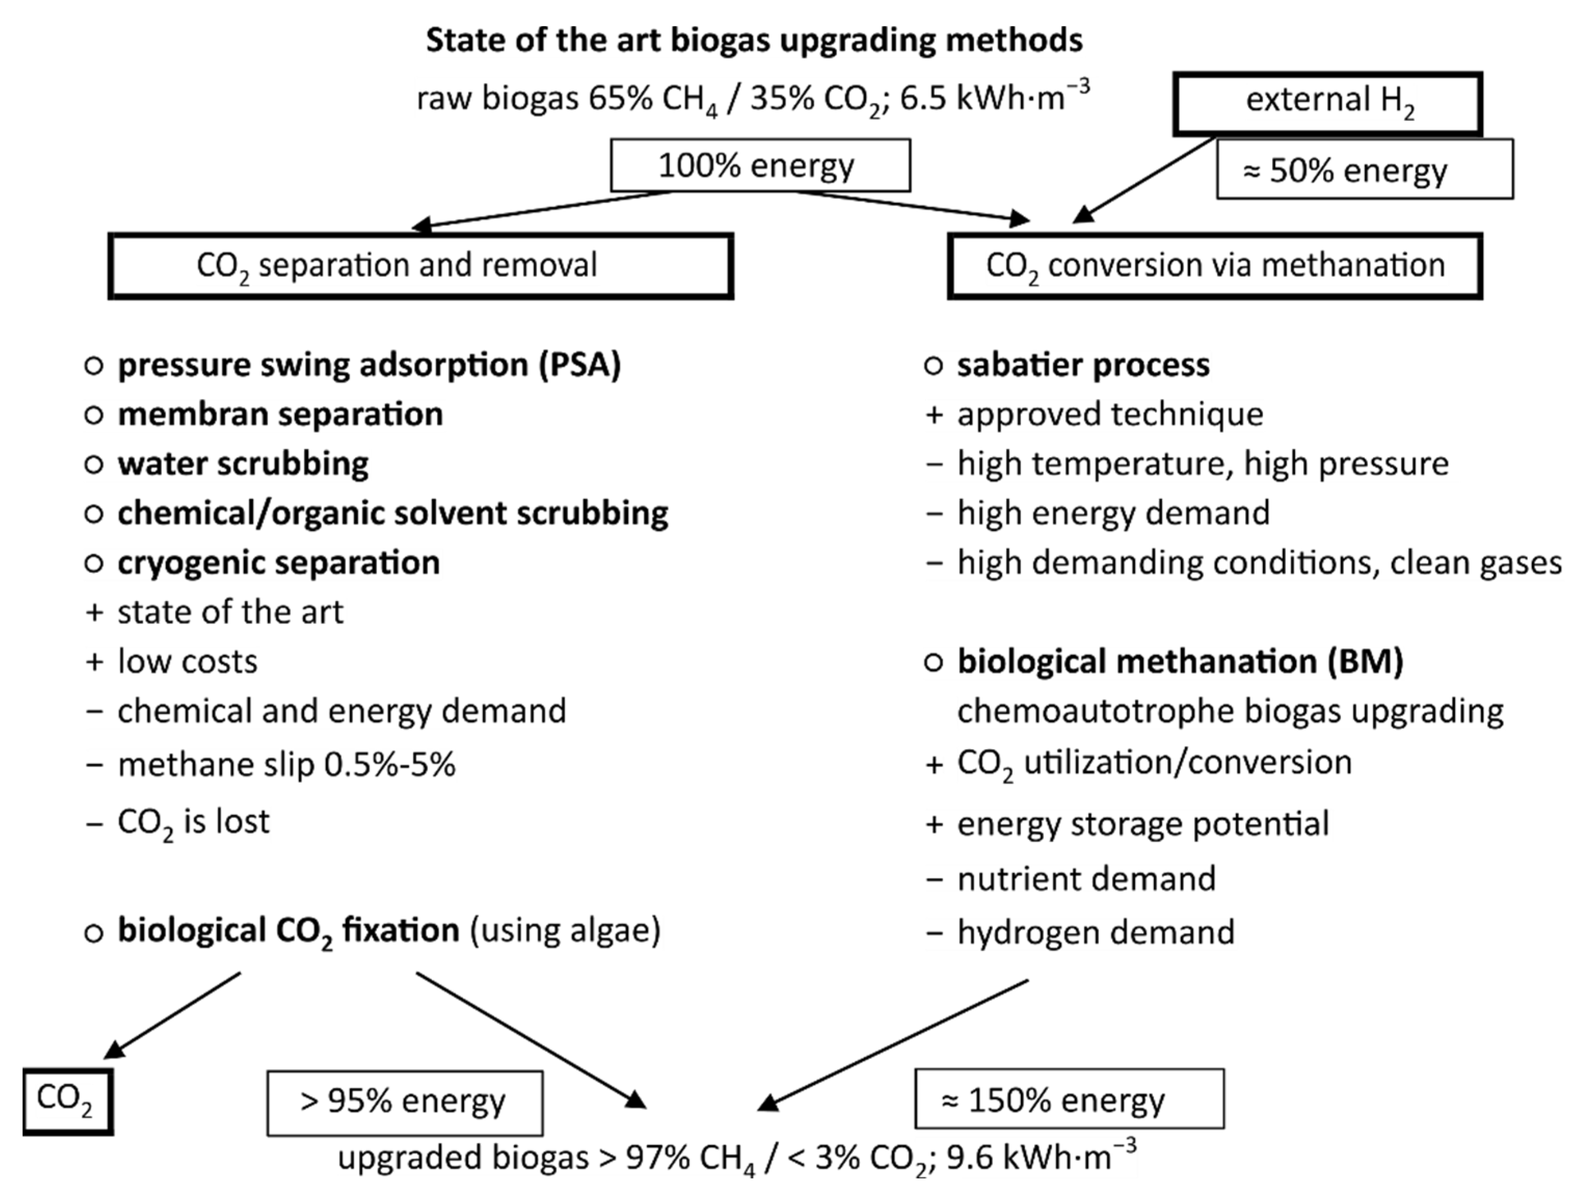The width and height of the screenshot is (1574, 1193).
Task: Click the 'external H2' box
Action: (x=1328, y=103)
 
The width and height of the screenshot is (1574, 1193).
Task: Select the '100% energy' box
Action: (x=760, y=165)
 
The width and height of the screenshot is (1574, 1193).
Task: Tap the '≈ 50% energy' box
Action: (x=1364, y=169)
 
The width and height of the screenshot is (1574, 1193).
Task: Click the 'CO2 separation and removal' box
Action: (x=421, y=265)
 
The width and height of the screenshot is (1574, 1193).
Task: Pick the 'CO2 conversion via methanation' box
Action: (x=1215, y=265)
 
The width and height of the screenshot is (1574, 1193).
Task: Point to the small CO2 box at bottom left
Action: (x=68, y=1101)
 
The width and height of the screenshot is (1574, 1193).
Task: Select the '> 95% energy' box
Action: (x=404, y=1103)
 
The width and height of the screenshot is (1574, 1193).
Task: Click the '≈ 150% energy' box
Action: (x=1069, y=1100)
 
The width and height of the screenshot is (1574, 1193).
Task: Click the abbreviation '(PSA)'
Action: (x=579, y=365)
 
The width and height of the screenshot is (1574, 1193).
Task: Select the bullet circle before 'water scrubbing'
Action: (x=94, y=465)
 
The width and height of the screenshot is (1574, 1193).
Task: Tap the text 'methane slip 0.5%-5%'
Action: (x=286, y=765)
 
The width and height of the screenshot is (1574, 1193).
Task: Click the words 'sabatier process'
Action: (x=1082, y=365)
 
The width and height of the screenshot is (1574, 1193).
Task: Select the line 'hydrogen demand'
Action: (x=1095, y=932)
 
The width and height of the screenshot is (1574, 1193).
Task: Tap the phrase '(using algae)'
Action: (x=565, y=930)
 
